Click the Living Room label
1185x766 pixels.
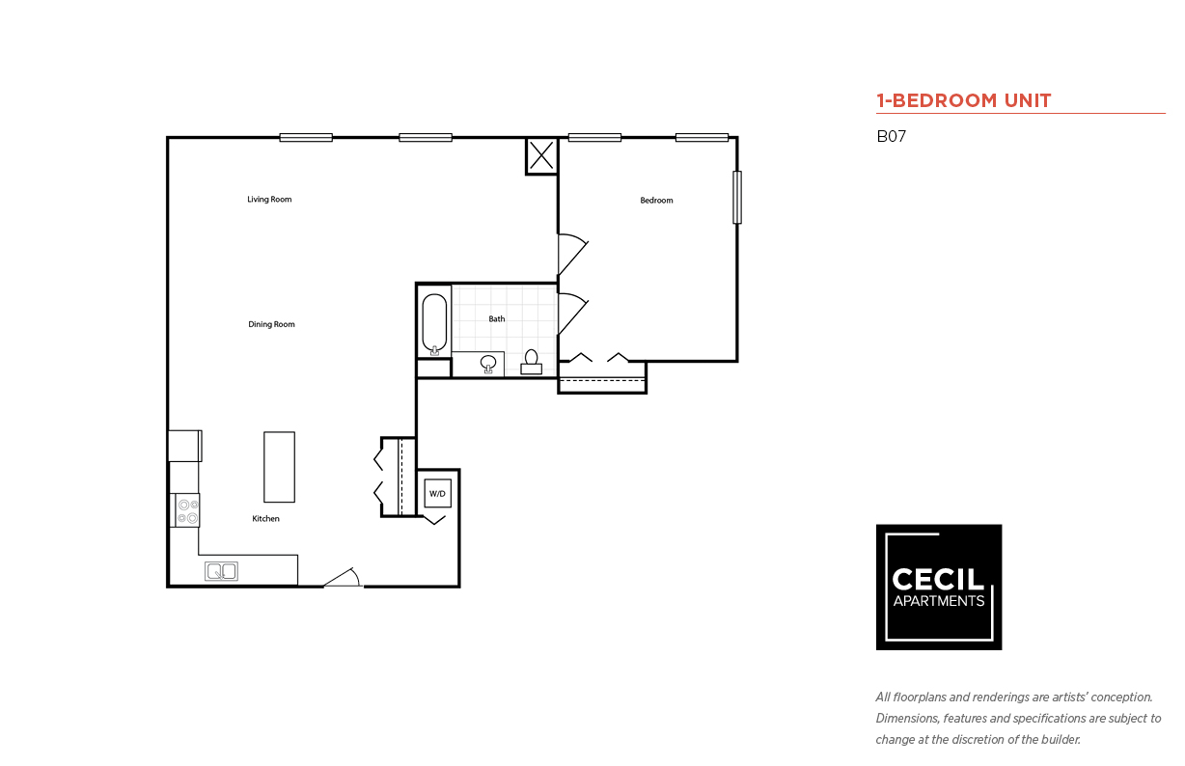(269, 200)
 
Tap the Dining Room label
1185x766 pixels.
(271, 324)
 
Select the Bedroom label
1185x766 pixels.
(656, 201)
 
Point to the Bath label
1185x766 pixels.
(496, 319)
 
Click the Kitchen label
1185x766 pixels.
(265, 519)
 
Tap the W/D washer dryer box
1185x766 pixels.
(437, 493)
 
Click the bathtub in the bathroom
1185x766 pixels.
(435, 324)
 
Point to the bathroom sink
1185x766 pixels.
(489, 364)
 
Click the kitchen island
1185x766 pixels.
(279, 467)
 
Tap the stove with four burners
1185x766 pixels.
(187, 510)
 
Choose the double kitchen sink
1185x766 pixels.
(221, 571)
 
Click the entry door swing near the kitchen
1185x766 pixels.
(344, 578)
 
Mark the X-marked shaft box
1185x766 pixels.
(541, 155)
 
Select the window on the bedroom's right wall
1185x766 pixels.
(737, 197)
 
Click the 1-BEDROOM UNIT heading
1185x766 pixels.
(963, 100)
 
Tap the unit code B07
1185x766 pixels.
(891, 137)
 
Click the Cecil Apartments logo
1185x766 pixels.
(938, 587)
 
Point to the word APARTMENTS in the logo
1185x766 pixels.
(938, 601)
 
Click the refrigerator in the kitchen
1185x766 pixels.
(184, 446)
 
